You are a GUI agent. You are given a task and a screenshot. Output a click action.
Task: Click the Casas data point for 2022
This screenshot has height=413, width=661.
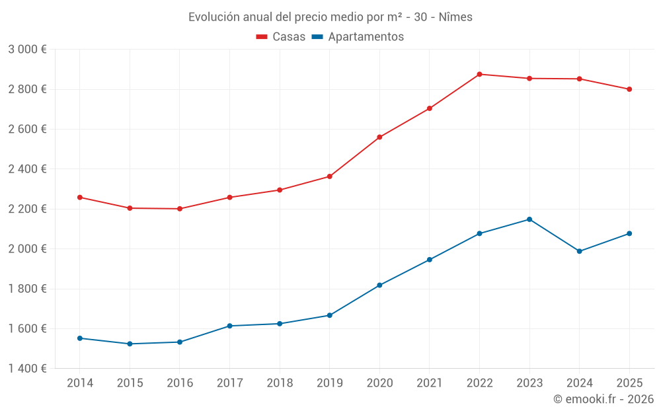tap(479, 74)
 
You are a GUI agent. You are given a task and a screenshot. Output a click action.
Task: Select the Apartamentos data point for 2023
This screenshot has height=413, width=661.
tap(529, 219)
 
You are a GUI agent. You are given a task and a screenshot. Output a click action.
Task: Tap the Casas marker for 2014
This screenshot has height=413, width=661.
tap(80, 198)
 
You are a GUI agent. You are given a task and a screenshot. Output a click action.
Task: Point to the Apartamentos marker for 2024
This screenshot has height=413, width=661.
tap(579, 251)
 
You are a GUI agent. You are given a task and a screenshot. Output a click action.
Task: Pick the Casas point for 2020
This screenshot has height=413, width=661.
tap(379, 137)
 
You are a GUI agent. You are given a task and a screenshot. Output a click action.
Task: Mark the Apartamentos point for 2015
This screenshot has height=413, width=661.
tap(130, 344)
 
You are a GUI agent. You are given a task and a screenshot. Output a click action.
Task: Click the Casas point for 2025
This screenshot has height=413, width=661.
tap(629, 89)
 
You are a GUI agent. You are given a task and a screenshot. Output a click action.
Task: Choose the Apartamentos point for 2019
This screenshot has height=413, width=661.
tap(329, 315)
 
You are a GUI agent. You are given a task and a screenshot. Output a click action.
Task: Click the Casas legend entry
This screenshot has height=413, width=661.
tap(281, 37)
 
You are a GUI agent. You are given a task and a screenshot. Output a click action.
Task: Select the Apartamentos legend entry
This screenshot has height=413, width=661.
tap(358, 37)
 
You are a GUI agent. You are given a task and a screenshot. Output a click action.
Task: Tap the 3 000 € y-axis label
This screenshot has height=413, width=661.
tap(27, 50)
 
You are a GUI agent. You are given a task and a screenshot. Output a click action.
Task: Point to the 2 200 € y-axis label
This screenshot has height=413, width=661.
tap(27, 209)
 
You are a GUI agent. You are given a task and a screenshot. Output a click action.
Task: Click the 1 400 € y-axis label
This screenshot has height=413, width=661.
tap(27, 369)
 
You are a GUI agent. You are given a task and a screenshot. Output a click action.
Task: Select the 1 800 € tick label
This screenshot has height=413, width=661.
tap(27, 289)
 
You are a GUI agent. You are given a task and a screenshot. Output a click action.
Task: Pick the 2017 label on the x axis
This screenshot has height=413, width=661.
tap(229, 383)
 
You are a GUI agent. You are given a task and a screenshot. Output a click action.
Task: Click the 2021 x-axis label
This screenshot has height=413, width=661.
tap(429, 383)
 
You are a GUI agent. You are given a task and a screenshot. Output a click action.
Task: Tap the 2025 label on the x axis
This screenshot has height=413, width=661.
tap(629, 383)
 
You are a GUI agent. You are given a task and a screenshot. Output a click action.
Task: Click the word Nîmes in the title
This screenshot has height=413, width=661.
tap(456, 17)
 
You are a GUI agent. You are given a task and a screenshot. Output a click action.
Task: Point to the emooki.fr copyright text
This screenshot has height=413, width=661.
tap(603, 399)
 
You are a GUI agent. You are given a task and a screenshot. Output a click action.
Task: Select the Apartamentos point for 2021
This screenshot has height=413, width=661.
tap(429, 260)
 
